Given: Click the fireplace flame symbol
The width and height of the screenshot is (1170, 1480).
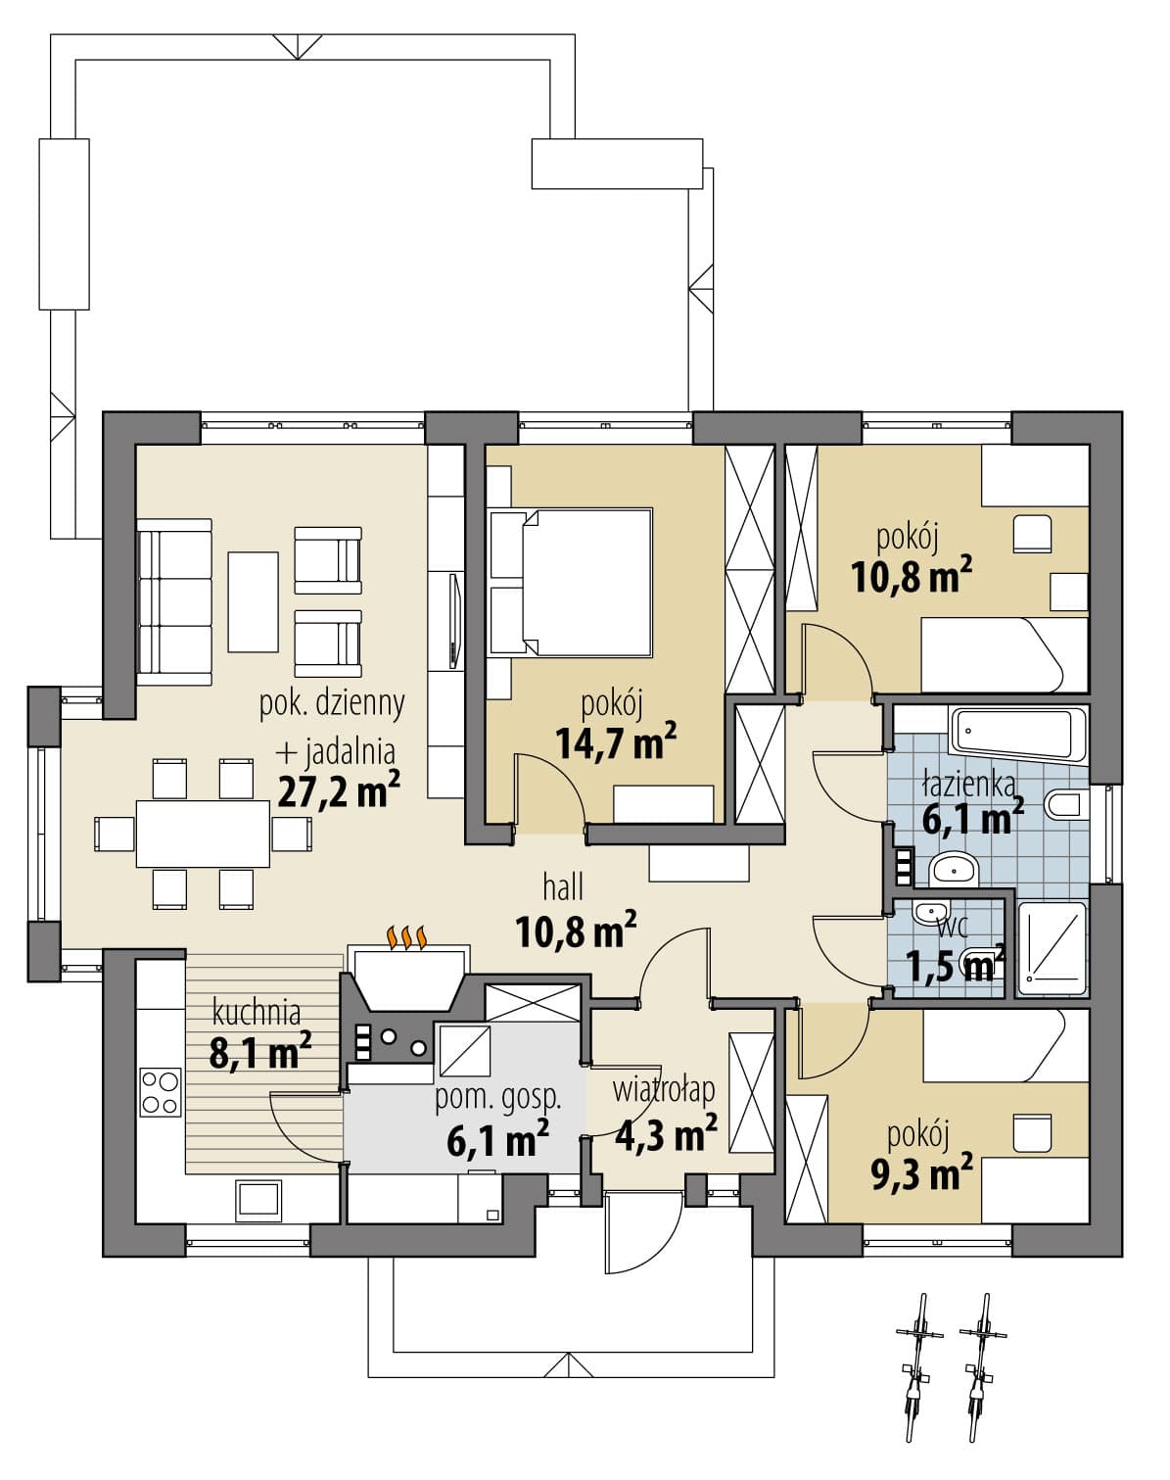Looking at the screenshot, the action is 409,937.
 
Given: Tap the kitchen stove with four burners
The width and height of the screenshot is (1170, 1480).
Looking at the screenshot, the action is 161,1091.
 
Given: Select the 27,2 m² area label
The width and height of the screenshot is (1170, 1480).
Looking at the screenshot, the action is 339,790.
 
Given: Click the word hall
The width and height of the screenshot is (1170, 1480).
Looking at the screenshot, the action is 563,887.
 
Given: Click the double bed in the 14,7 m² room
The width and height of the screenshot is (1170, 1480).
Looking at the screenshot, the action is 571,582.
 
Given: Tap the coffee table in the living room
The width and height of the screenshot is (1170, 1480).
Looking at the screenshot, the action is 253,601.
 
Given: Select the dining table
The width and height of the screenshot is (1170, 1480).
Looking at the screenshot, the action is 203,834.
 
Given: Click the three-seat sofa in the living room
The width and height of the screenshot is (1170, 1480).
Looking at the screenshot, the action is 174,602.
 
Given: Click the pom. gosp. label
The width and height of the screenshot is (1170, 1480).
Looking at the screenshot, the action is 498,1098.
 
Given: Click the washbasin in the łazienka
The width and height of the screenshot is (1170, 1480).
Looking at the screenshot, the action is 953,870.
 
